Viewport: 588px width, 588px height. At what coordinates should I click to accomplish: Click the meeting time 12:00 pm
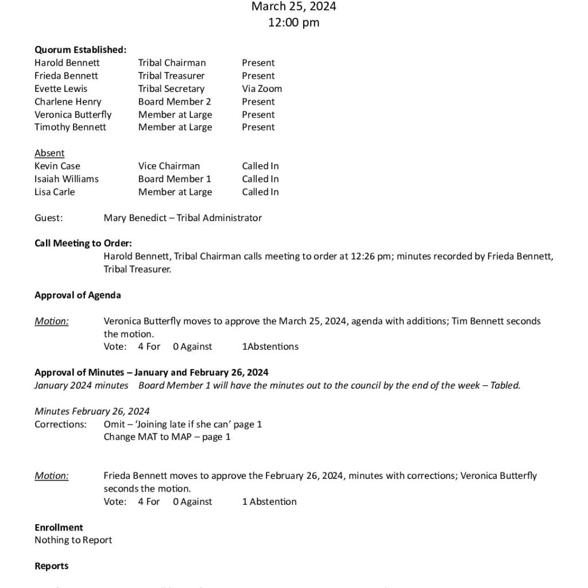[293, 23]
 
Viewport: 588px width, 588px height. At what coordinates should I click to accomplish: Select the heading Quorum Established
[80, 50]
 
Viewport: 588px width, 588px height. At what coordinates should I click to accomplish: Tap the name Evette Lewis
[61, 88]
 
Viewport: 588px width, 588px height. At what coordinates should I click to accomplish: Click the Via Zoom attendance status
[262, 88]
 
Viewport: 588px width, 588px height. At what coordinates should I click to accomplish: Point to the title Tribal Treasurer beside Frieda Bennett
[171, 76]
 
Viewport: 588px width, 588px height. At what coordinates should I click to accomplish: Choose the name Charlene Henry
[68, 102]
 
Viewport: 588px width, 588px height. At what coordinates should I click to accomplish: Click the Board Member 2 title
[175, 102]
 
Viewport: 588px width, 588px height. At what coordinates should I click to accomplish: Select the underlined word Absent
[49, 153]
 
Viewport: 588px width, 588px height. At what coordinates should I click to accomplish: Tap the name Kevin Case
[57, 166]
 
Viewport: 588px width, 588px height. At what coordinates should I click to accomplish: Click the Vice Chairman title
[169, 166]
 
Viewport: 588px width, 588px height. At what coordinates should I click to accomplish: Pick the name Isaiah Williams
[67, 179]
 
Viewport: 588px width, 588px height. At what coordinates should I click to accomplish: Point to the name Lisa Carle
[55, 192]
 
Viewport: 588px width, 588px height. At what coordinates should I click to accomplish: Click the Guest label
[49, 218]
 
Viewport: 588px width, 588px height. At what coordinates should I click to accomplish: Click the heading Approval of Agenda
[78, 295]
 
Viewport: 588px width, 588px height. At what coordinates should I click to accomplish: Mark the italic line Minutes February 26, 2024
[92, 411]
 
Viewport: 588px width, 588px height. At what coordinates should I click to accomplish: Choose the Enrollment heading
[59, 527]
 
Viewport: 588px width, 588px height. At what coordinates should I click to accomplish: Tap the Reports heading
[51, 566]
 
